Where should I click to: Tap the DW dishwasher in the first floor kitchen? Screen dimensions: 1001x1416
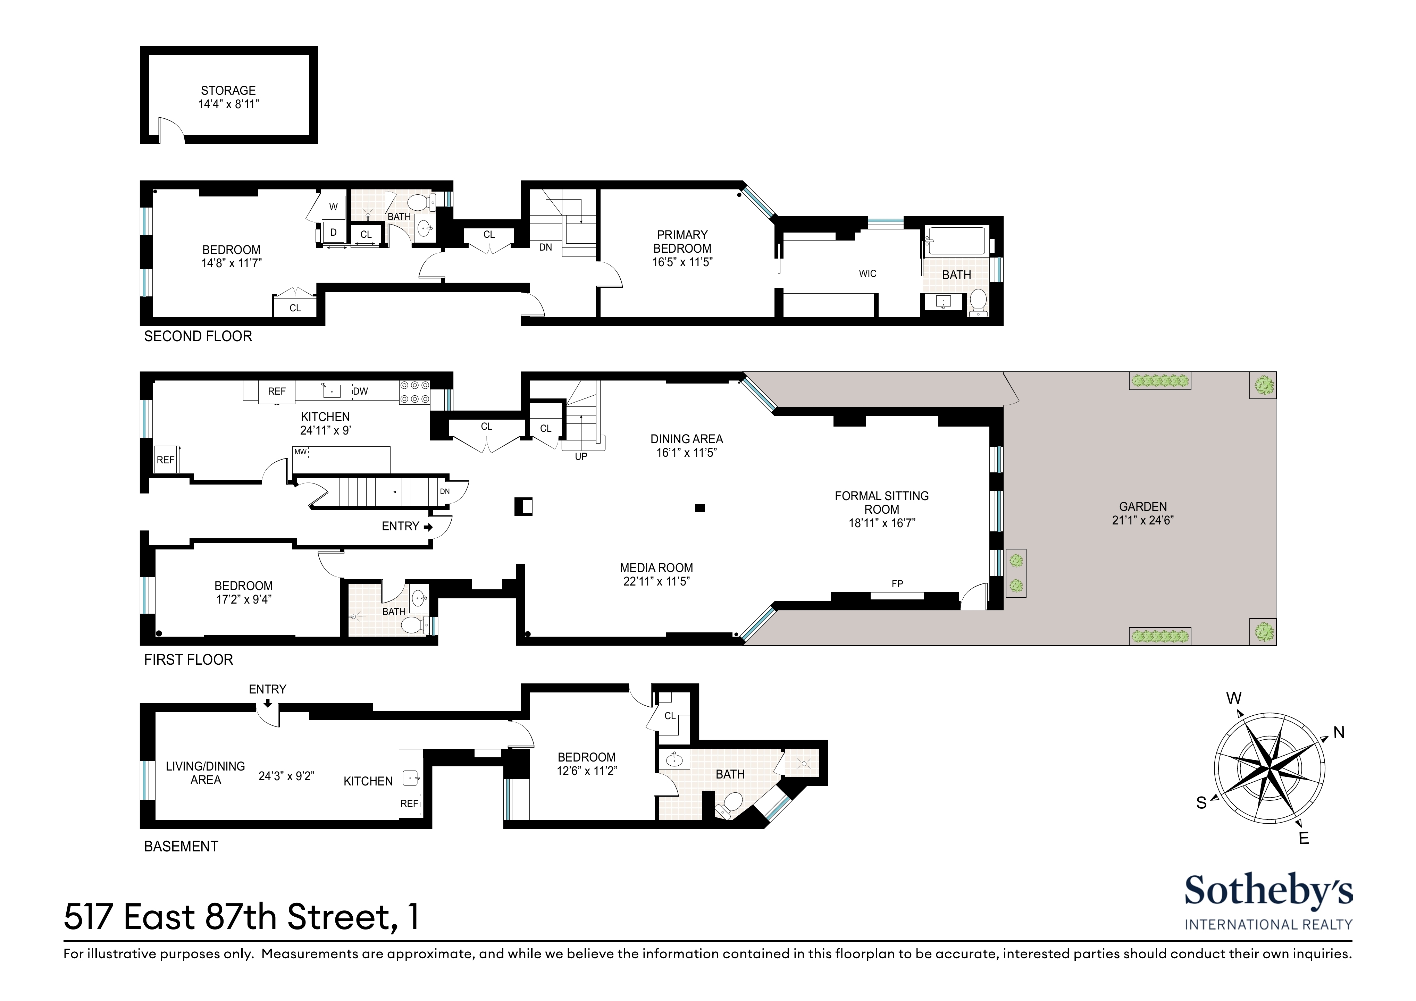360,391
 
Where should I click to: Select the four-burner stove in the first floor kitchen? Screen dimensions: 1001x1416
414,392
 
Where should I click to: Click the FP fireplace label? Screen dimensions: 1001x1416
897,583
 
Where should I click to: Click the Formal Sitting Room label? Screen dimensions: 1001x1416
881,503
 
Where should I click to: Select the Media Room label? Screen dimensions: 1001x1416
656,567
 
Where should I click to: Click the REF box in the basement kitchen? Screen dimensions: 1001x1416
410,804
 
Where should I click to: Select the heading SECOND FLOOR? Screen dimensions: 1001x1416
198,336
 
